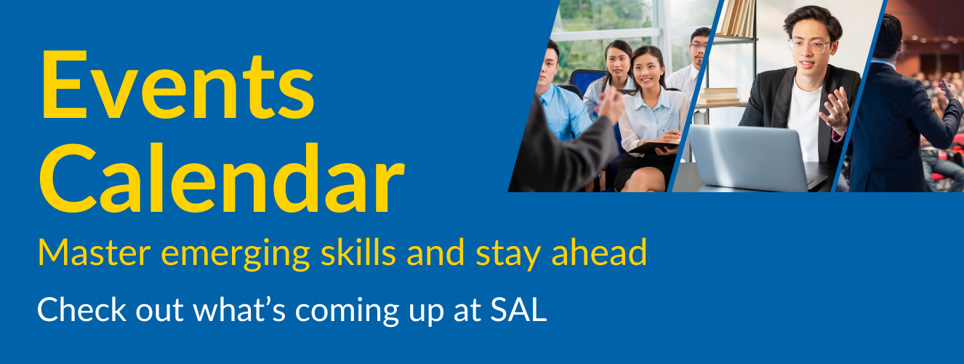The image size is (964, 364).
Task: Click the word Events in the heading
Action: [x=177, y=84]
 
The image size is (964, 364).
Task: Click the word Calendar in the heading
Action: [x=222, y=178]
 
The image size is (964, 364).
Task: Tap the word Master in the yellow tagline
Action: [x=95, y=253]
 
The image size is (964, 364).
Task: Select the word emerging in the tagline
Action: [x=235, y=255]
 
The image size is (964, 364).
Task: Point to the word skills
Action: [x=358, y=252]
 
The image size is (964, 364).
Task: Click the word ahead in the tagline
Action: [x=599, y=252]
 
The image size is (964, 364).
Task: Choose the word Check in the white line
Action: [x=81, y=309]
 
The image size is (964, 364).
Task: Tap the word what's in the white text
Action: [x=239, y=309]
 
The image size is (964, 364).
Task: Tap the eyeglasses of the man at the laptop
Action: [x=809, y=46]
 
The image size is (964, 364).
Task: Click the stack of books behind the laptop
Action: [x=720, y=95]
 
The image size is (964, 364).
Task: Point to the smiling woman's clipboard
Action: [x=654, y=146]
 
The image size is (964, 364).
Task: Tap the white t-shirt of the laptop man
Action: [x=804, y=122]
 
